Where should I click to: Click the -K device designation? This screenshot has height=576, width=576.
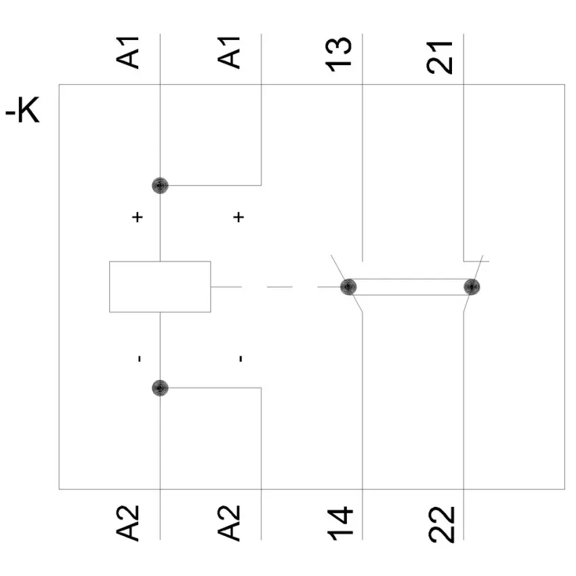22,111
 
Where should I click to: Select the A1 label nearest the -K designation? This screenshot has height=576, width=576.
127,52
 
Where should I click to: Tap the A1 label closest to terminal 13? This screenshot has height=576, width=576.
228,52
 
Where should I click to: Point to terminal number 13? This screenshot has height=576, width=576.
339,54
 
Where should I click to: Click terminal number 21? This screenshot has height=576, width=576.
440,57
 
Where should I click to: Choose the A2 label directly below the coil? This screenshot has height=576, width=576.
127,523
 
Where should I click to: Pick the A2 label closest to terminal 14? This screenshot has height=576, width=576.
228,523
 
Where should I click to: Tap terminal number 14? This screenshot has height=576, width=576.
340,524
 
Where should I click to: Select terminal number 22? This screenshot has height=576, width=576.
442,524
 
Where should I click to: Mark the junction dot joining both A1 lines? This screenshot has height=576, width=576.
160,186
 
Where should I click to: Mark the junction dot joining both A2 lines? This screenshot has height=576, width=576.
160,388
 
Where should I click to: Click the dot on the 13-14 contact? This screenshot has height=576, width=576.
348,287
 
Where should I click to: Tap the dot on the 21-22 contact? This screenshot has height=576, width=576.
472,287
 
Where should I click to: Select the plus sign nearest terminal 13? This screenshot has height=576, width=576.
239,217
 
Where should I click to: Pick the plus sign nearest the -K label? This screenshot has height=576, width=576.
138,217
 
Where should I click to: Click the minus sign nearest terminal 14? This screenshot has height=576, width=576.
241,358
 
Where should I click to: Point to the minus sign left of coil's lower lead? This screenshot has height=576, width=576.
140,358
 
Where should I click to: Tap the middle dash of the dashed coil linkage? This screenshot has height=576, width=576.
280,287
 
